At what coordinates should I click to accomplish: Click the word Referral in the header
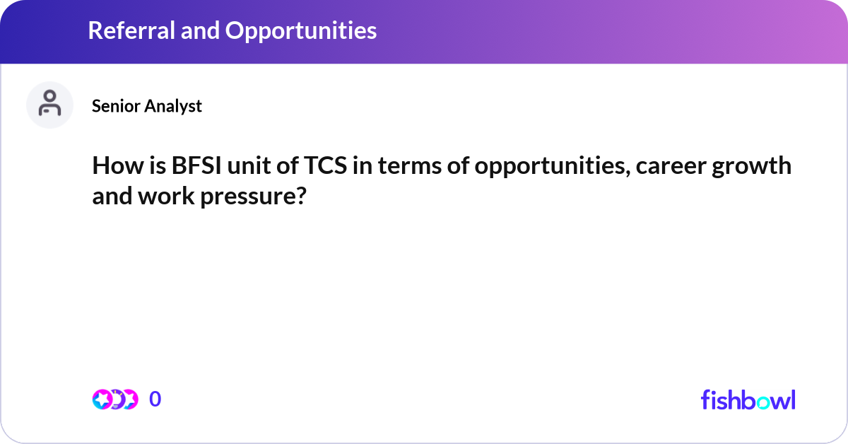click(x=132, y=30)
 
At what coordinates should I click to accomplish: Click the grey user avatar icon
click(x=49, y=105)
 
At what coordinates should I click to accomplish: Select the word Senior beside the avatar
click(x=115, y=106)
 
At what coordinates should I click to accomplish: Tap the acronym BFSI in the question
click(x=196, y=166)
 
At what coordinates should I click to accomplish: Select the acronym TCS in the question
click(x=326, y=166)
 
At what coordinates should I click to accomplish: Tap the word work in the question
click(x=166, y=197)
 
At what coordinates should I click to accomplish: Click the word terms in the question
click(x=410, y=167)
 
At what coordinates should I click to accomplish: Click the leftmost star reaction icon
click(x=102, y=399)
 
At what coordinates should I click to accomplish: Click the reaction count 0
click(x=155, y=399)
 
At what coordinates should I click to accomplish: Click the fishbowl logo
click(x=748, y=400)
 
